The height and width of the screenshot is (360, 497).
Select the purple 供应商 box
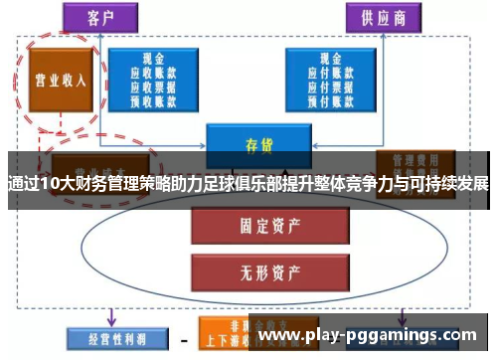(x=381, y=17)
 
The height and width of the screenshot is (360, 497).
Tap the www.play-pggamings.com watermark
(x=373, y=336)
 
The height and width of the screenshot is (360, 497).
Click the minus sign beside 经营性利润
(x=182, y=337)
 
